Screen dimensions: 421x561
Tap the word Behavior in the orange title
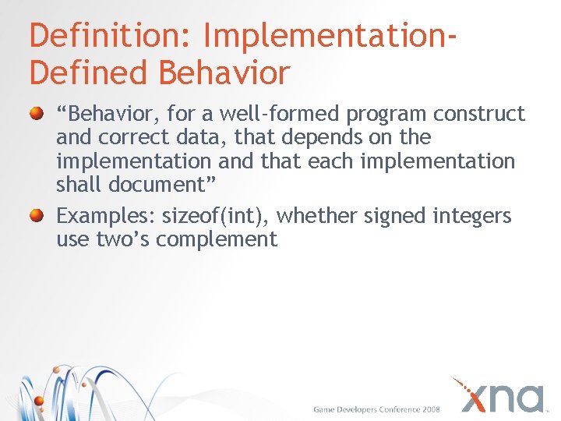click(x=225, y=73)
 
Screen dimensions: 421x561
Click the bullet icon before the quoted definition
click(x=37, y=115)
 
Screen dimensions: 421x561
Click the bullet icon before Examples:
click(x=37, y=216)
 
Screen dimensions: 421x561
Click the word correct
click(x=127, y=138)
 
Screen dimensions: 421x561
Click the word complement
click(x=216, y=239)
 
